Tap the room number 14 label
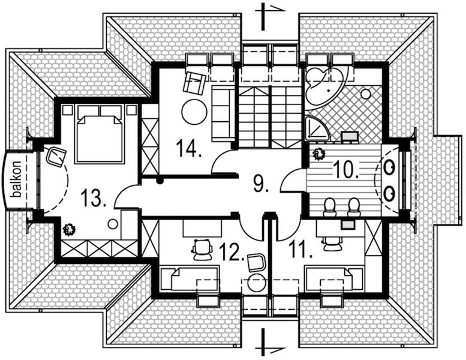coord(190,148)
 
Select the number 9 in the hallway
coord(259,183)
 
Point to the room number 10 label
coord(346,170)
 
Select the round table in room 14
coord(194,112)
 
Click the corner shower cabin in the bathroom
coord(315,128)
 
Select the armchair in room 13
coord(57,156)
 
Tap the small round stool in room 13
coord(112,223)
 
